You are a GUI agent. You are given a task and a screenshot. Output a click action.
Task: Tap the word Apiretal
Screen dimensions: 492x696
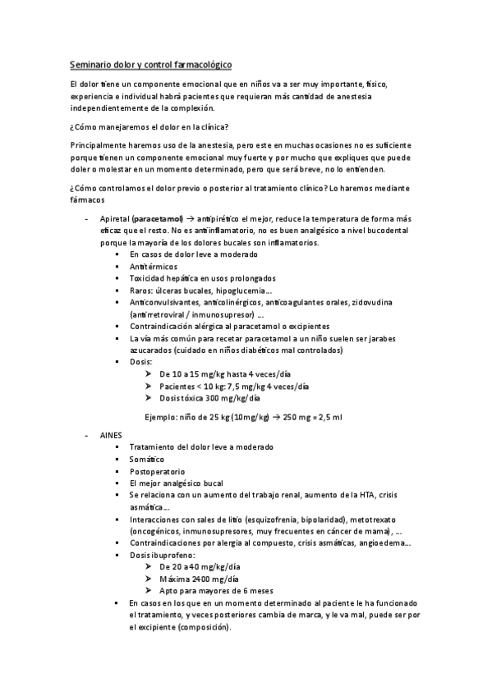click(x=113, y=221)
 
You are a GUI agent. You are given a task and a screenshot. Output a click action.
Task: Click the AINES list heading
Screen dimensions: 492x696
click(x=111, y=433)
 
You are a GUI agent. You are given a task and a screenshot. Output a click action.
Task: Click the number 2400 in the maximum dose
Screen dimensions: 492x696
click(x=198, y=579)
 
